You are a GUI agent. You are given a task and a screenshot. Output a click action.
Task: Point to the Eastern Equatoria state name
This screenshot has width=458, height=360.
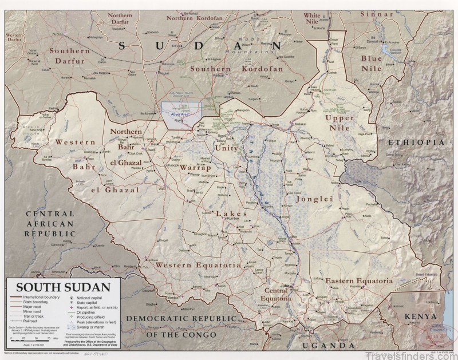(359, 281)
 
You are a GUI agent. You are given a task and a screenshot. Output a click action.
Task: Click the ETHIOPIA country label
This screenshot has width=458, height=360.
(416, 141)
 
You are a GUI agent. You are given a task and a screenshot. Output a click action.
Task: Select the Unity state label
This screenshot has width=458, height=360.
(226, 148)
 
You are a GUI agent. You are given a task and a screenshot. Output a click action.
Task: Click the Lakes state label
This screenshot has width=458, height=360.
(232, 213)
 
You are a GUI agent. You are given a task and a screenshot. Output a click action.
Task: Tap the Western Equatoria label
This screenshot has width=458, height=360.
(189, 265)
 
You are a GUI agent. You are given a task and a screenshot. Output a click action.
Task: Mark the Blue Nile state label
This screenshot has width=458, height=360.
(371, 64)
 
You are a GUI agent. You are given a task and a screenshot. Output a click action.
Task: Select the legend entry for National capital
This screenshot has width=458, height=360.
(89, 298)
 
